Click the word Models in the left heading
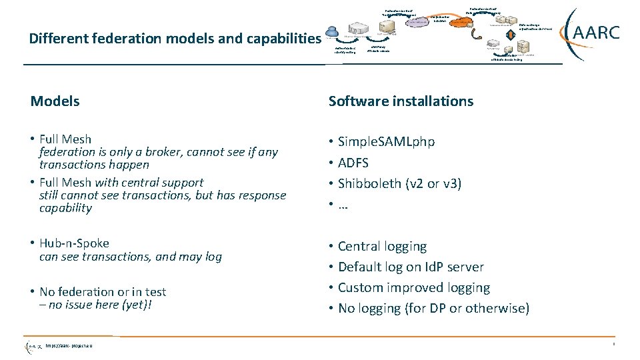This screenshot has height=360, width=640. click(55, 101)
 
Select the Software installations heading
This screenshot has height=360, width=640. click(401, 101)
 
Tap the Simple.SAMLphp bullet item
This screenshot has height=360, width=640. click(386, 142)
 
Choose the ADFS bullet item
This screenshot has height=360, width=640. click(353, 163)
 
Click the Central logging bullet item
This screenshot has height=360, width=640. click(382, 247)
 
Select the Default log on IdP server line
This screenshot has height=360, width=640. click(411, 267)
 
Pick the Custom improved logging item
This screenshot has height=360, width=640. click(413, 288)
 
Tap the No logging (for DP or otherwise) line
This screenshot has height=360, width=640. click(433, 309)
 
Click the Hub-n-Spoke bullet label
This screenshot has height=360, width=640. click(74, 243)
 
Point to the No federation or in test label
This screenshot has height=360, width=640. click(103, 292)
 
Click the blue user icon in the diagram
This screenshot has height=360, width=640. click(331, 31)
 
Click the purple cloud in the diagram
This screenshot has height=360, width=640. click(418, 21)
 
